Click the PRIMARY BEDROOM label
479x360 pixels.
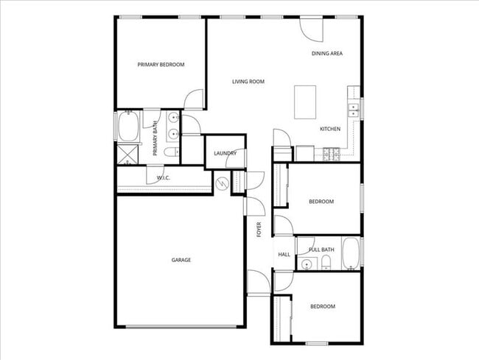pos(161,65)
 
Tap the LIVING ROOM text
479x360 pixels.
pos(248,82)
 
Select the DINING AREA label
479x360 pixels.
pos(326,54)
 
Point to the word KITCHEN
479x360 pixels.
pos(329,130)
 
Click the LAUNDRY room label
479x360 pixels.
pos(225,153)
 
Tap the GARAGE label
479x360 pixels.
pos(181,260)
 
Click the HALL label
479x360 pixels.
pos(284,255)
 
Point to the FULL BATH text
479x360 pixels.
pos(322,250)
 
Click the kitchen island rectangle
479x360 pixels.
pos(305,102)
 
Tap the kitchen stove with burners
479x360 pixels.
pos(329,153)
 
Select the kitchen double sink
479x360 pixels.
pos(353,110)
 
